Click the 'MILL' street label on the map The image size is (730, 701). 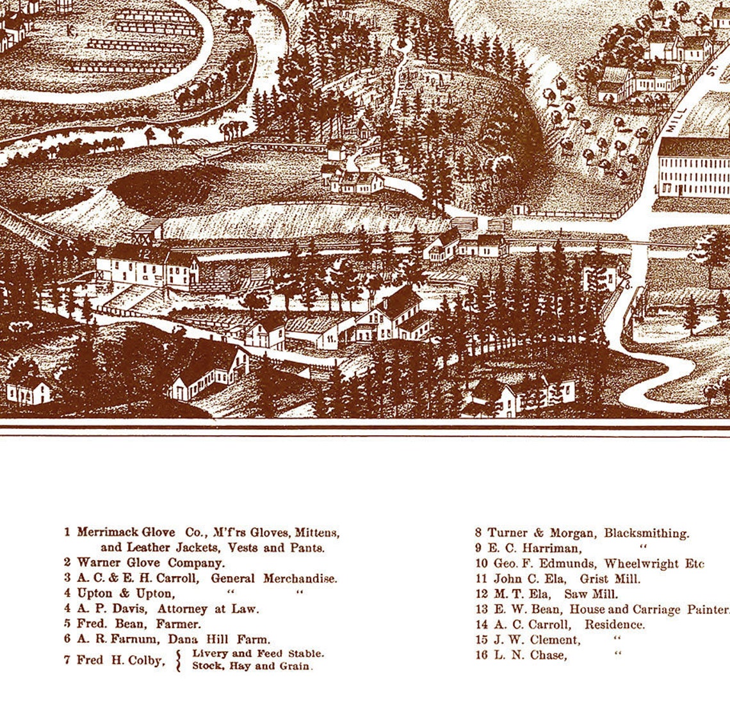point(674,120)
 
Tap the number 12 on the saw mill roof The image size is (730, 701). point(147,254)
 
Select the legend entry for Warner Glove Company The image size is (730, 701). point(151,563)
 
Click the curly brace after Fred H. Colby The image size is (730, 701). point(179,660)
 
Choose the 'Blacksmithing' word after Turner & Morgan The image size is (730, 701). point(646,533)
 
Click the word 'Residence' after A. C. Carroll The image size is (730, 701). point(614,625)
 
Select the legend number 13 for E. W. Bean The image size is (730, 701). point(482,609)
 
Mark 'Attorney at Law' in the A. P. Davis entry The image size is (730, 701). point(208,609)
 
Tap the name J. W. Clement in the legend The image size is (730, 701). point(537,640)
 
